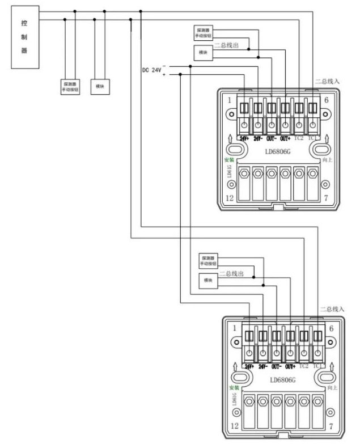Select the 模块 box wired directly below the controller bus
point(101,86)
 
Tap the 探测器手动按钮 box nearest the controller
point(71,87)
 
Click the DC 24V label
point(151,70)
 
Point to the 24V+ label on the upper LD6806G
point(244,138)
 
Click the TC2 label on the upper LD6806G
point(298,138)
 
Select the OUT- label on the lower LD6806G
point(276,366)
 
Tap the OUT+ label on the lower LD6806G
point(290,366)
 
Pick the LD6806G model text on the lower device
point(282,380)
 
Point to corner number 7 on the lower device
point(331,425)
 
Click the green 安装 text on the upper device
point(230,160)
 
